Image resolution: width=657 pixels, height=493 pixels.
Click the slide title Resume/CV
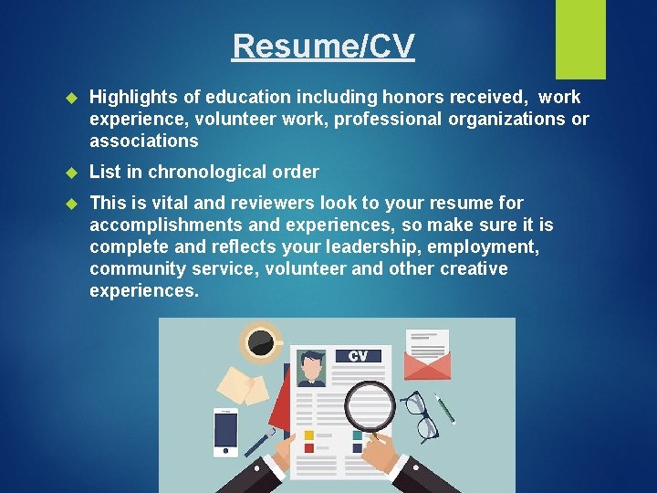pyautogui.click(x=323, y=46)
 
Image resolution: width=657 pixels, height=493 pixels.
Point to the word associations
pyautogui.click(x=143, y=142)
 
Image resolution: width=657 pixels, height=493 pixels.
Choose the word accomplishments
pyautogui.click(x=169, y=226)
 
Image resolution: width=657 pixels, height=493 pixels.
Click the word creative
pyautogui.click(x=475, y=269)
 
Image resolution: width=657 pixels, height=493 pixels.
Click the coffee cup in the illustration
pyautogui.click(x=261, y=343)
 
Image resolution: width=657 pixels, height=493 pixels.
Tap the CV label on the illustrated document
pyautogui.click(x=358, y=356)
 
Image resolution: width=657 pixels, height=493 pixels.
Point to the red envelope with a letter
pyautogui.click(x=426, y=357)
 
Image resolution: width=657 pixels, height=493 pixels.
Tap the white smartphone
pyautogui.click(x=225, y=431)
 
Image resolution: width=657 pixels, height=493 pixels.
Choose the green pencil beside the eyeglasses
pyautogui.click(x=444, y=407)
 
